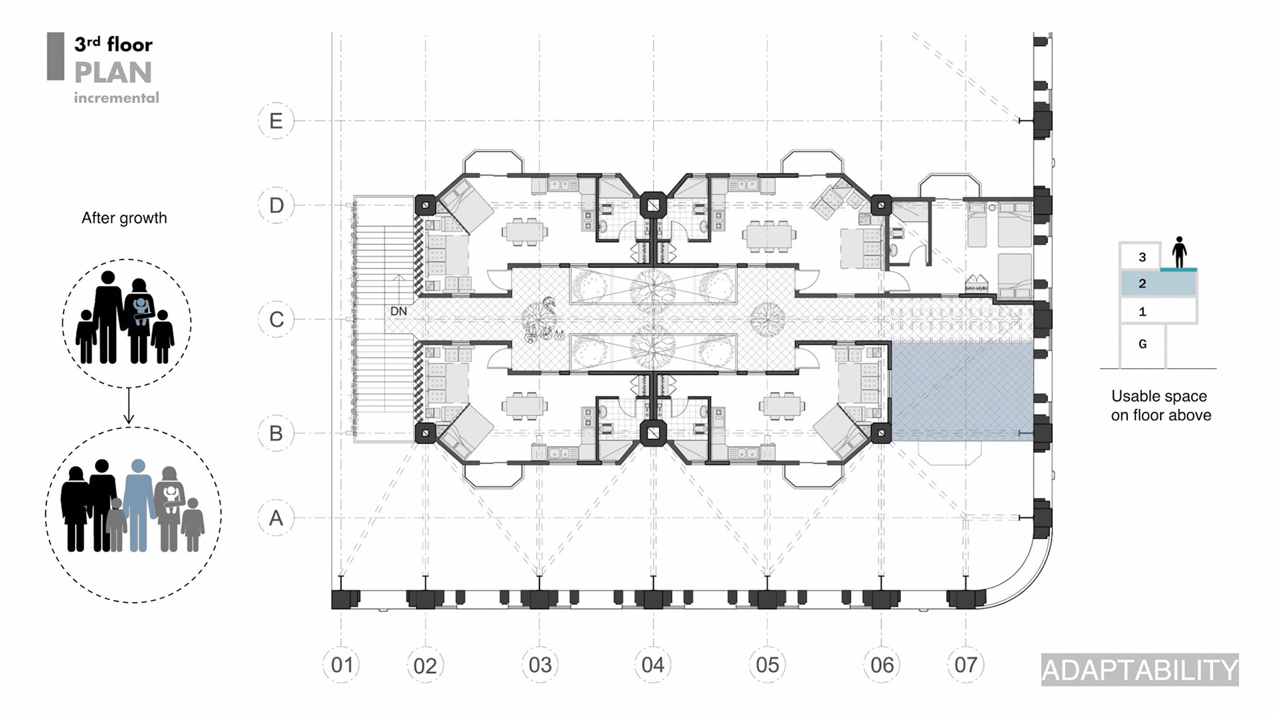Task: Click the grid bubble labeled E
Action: (x=276, y=121)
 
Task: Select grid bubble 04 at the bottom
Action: (x=653, y=665)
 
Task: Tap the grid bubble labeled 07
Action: (x=965, y=665)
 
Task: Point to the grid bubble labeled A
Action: (x=276, y=518)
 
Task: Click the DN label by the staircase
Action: (x=399, y=311)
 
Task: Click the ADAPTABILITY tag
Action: (x=1139, y=670)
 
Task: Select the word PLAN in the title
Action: (x=113, y=72)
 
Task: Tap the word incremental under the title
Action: (x=116, y=98)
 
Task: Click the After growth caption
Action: (x=124, y=218)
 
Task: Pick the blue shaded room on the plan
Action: (x=961, y=392)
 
